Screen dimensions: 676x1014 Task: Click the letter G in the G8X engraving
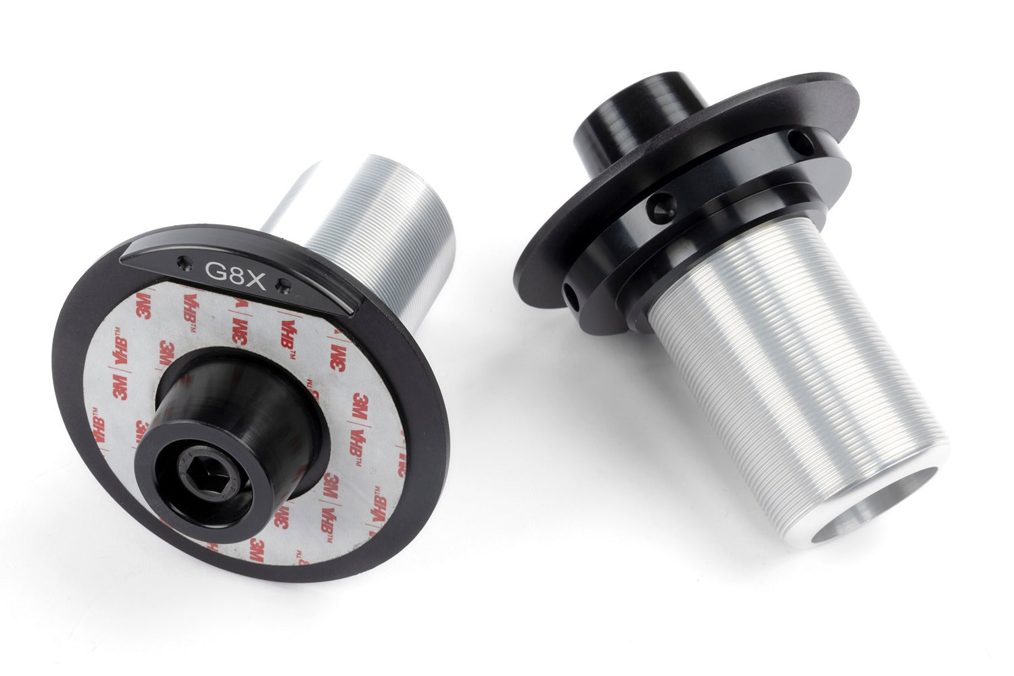(214, 270)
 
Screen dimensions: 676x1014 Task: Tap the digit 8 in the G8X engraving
(235, 274)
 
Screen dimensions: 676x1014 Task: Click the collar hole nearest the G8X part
(572, 297)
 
